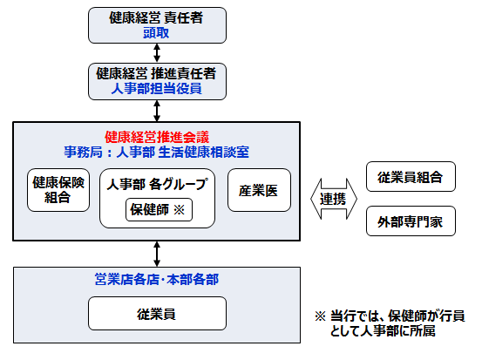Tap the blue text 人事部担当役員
156,87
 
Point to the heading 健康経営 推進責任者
156,71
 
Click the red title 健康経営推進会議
156,136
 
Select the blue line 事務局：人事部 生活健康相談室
156,151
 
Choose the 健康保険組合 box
59,190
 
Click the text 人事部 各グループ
157,185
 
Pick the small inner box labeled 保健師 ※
158,209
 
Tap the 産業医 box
258,190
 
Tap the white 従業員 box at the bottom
157,313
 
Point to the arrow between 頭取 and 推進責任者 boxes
156,51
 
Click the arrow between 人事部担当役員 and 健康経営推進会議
156,110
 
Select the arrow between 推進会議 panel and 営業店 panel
156,255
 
